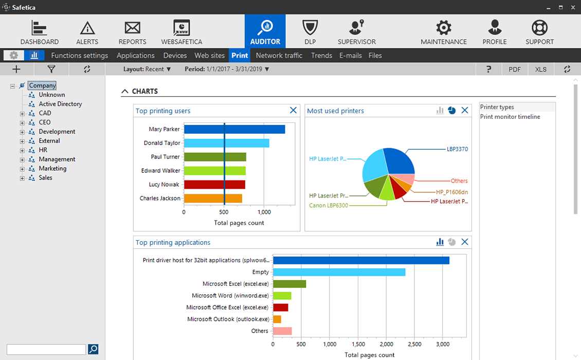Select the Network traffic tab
tap(279, 56)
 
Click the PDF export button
tap(514, 69)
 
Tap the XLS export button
tap(540, 69)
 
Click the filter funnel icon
tap(51, 69)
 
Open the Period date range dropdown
tap(227, 69)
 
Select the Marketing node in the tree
tap(52, 168)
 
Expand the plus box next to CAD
tap(22, 114)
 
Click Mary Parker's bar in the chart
tap(234, 129)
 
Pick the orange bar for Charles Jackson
tap(213, 199)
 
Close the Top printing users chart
tap(293, 110)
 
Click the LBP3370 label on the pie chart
tap(457, 149)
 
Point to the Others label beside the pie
tap(459, 181)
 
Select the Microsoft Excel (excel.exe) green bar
tap(289, 284)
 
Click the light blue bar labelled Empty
tap(339, 272)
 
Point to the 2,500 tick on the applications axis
tap(414, 344)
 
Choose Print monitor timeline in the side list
tap(510, 117)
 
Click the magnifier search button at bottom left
tap(93, 349)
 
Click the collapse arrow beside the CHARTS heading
tap(125, 91)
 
